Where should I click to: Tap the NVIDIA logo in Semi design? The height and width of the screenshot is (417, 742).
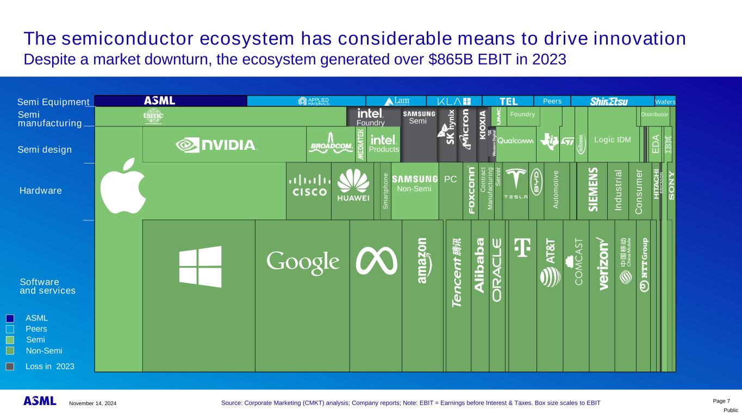(216, 144)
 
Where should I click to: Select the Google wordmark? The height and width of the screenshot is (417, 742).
(303, 263)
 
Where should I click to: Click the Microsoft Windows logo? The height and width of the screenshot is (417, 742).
(200, 267)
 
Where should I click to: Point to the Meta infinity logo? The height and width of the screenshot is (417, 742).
(376, 261)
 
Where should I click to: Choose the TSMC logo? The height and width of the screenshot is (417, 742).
(153, 116)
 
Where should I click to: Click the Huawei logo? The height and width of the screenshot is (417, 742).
(352, 186)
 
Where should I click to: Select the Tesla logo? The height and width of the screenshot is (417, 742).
(515, 185)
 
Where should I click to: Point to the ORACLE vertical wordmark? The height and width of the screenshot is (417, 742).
(497, 270)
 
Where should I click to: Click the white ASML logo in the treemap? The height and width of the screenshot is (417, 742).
(160, 101)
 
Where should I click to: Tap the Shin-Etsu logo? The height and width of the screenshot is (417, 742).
(609, 102)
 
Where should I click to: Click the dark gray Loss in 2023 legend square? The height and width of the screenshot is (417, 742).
(10, 367)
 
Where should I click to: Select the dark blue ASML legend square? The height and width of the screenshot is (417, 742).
(10, 318)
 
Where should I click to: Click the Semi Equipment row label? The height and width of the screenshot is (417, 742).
(53, 102)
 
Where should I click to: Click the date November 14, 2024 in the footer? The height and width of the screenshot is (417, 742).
(92, 403)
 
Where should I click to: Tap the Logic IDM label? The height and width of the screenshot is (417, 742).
(613, 140)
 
